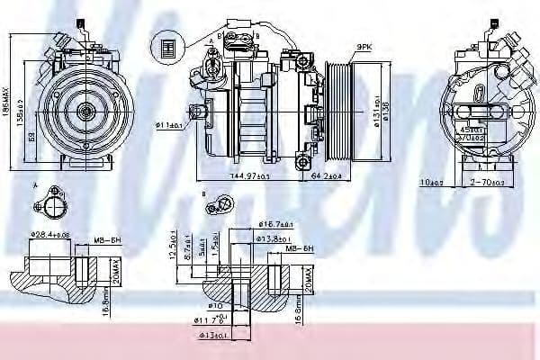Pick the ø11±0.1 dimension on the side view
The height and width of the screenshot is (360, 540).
[171, 126]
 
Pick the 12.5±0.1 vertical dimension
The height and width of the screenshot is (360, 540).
[172, 246]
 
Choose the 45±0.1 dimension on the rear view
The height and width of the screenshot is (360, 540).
[493, 129]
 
